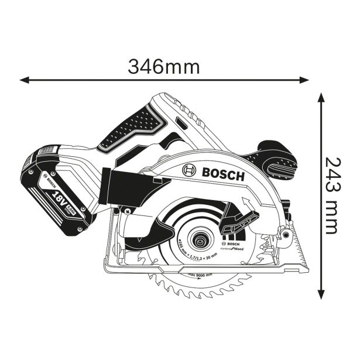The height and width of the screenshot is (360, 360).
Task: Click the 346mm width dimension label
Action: [164, 66]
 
